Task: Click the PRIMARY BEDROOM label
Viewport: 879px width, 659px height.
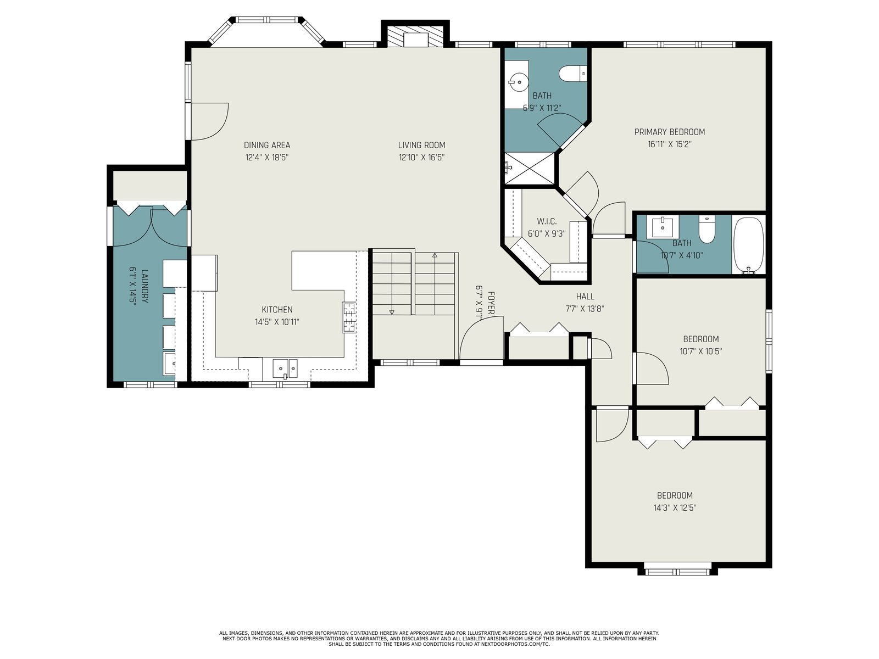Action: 669,132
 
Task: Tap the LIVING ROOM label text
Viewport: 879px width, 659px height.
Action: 421,145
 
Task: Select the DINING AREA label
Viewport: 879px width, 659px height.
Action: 266,145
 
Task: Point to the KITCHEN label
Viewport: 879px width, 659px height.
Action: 277,310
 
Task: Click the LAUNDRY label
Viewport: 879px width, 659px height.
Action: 145,286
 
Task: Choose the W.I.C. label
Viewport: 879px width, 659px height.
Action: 547,221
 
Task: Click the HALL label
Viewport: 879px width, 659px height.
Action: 585,297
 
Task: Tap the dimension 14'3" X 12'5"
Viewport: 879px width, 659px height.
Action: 675,508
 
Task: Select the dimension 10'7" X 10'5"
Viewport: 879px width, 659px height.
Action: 700,351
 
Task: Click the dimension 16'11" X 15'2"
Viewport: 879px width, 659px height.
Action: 670,144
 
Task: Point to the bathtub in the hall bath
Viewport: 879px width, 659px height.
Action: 748,245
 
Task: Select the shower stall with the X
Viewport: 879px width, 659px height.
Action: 530,168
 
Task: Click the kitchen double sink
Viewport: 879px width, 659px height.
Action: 285,368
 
